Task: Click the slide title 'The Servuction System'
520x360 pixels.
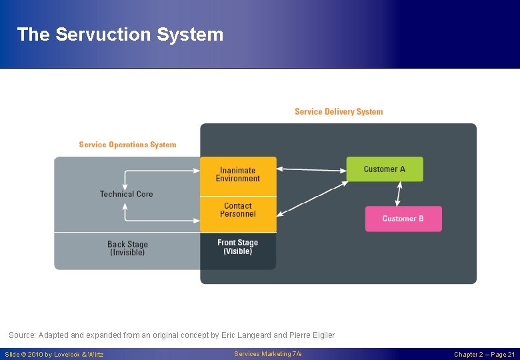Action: point(120,35)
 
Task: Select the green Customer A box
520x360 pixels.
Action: point(384,169)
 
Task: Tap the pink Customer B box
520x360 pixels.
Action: point(403,219)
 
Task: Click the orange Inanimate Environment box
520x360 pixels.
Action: point(237,175)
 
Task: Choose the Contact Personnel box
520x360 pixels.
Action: point(237,211)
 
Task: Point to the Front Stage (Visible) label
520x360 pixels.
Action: point(237,247)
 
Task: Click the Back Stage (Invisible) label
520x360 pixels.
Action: point(127,249)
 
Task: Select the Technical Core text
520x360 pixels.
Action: point(126,194)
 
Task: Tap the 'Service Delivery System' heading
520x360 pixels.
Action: point(339,112)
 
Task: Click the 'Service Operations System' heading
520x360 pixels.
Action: point(127,145)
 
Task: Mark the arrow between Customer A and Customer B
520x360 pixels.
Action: point(399,193)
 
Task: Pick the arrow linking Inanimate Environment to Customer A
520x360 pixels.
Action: point(311,169)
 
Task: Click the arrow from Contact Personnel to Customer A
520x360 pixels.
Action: point(311,198)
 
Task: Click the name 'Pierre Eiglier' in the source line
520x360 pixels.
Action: point(311,335)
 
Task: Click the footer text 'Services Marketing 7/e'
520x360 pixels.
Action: point(268,354)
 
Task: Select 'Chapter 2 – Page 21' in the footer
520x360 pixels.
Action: point(484,355)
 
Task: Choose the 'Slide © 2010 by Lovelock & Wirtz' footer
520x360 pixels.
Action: point(54,355)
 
